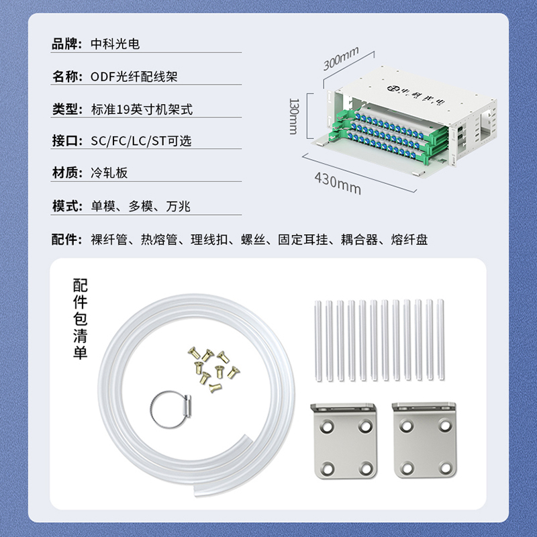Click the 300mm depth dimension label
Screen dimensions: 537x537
pyautogui.click(x=341, y=58)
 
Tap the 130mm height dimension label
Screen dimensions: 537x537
pyautogui.click(x=294, y=116)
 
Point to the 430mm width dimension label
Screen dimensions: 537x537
pyautogui.click(x=338, y=183)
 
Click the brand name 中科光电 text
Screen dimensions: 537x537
pyautogui.click(x=115, y=44)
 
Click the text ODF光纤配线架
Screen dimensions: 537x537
pyautogui.click(x=134, y=77)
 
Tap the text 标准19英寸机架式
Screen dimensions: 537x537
pyautogui.click(x=142, y=109)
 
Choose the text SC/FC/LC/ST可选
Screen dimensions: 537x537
pyautogui.click(x=141, y=141)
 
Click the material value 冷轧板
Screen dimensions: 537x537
pyautogui.click(x=109, y=173)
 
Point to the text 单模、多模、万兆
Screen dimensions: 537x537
pyautogui.click(x=140, y=206)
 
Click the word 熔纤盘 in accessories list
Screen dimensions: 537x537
pyautogui.click(x=409, y=240)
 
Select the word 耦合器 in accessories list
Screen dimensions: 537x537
pyautogui.click(x=359, y=240)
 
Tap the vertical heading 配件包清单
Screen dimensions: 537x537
pyautogui.click(x=80, y=319)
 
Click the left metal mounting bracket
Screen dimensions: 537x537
pyautogui.click(x=344, y=441)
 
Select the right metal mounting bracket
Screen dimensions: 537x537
pyautogui.click(x=424, y=440)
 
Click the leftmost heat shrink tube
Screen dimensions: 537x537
pyautogui.click(x=318, y=341)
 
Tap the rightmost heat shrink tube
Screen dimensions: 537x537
pyautogui.click(x=440, y=340)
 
